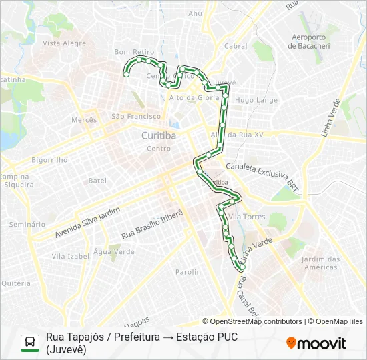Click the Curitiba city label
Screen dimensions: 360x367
click(159, 135)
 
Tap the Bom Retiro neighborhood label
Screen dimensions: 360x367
click(134, 51)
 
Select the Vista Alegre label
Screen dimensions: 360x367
click(64, 43)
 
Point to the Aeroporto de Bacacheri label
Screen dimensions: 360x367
click(306, 41)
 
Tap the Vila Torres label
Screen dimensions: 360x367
click(247, 217)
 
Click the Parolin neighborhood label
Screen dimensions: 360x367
click(188, 272)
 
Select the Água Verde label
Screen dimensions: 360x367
click(114, 252)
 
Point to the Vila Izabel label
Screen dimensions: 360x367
click(71, 256)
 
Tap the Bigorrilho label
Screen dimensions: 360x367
click(49, 160)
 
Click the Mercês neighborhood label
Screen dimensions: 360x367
click(84, 120)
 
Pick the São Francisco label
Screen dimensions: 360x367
click(136, 116)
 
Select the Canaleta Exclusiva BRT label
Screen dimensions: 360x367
click(260, 174)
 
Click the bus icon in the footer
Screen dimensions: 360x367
click(30, 343)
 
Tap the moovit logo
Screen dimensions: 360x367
click(316, 343)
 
